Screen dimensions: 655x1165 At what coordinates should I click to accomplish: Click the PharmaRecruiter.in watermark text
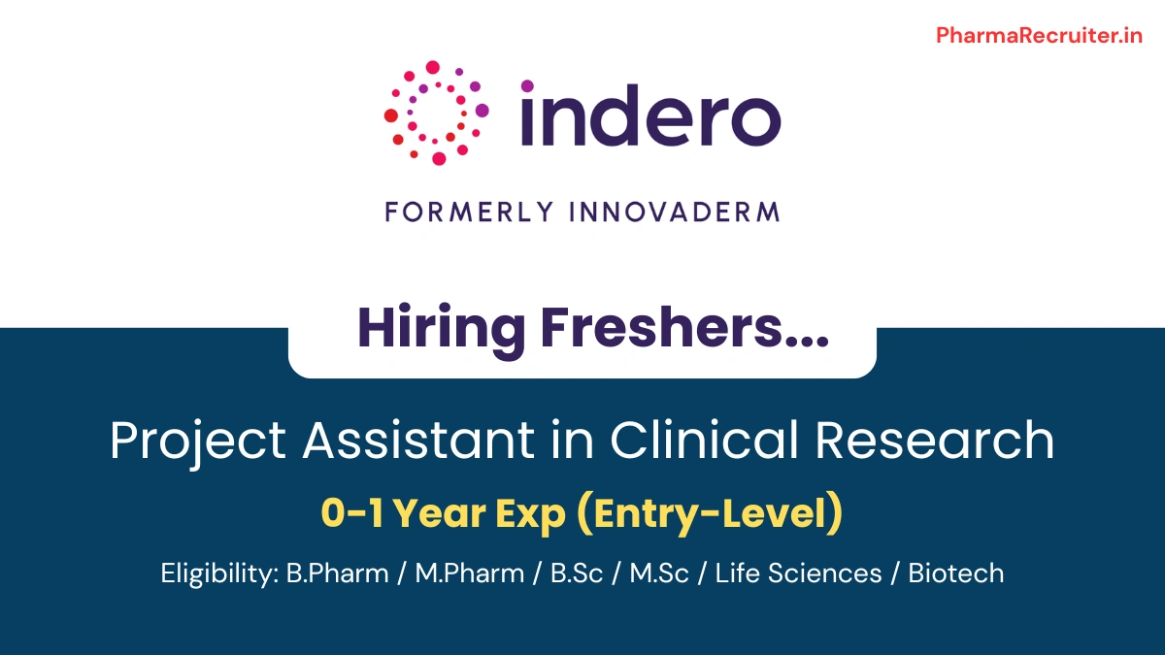click(x=1039, y=36)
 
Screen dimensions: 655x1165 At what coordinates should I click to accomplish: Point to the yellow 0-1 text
click(x=350, y=514)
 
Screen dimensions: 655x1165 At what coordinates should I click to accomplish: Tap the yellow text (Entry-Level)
click(x=709, y=514)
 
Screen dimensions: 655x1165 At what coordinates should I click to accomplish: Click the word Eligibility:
click(x=219, y=573)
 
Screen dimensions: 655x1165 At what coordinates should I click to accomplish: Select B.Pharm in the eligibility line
click(x=338, y=573)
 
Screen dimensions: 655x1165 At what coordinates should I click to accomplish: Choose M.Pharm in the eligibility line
click(x=469, y=573)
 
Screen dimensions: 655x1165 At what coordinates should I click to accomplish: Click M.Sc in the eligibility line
click(x=659, y=573)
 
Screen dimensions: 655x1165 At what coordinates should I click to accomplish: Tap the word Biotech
click(x=955, y=573)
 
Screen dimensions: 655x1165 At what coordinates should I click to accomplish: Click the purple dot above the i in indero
click(x=527, y=86)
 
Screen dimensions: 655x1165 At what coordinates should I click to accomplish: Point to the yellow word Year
click(x=442, y=514)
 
